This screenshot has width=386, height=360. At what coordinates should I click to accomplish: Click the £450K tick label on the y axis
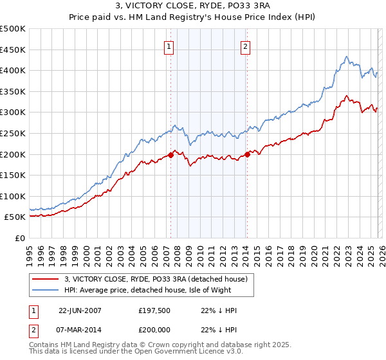(13, 50)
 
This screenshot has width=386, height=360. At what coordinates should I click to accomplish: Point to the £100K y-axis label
(13, 196)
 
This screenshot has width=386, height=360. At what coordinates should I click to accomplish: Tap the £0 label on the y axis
(20, 238)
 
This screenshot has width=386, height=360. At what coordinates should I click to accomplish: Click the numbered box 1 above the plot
(169, 46)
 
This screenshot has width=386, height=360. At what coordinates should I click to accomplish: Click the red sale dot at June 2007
(170, 155)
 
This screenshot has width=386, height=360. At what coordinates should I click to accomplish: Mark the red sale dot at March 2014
(247, 154)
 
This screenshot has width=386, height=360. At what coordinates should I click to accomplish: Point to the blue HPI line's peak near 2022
(346, 57)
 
